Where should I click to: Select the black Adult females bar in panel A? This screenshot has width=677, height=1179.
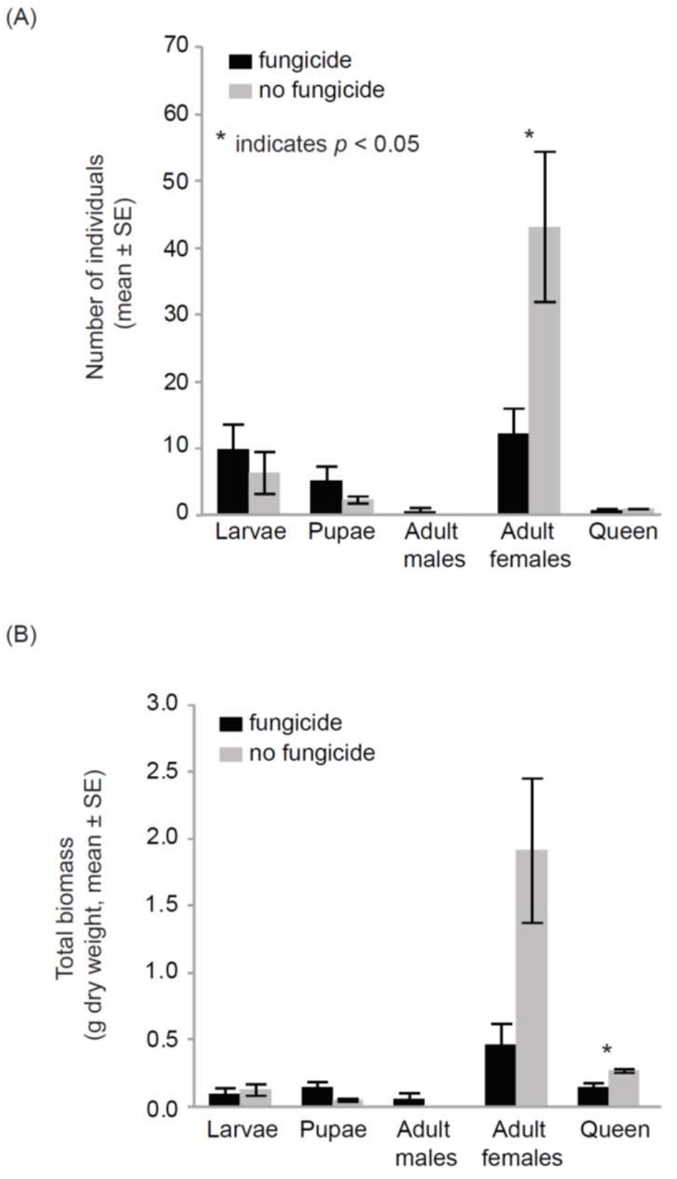[x=513, y=473]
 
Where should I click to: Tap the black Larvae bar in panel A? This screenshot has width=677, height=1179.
[x=233, y=481]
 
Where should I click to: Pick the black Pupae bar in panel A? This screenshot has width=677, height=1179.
[x=326, y=496]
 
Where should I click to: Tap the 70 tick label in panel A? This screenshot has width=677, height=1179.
[x=177, y=46]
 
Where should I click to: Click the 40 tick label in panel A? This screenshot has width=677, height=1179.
[x=177, y=248]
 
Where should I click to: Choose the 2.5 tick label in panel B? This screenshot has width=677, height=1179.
[x=162, y=771]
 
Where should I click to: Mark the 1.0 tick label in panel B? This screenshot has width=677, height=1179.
[x=162, y=972]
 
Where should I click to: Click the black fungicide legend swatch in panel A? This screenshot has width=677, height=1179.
[x=240, y=61]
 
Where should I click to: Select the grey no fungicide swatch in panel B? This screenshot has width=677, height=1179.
[x=231, y=754]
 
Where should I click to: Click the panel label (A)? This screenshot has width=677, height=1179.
[x=20, y=18]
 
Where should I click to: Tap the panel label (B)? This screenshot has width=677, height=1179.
[x=20, y=635]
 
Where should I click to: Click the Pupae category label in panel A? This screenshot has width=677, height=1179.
[x=341, y=532]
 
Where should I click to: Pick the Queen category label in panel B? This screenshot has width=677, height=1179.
[x=615, y=1130]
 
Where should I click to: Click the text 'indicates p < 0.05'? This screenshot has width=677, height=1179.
[x=327, y=144]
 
